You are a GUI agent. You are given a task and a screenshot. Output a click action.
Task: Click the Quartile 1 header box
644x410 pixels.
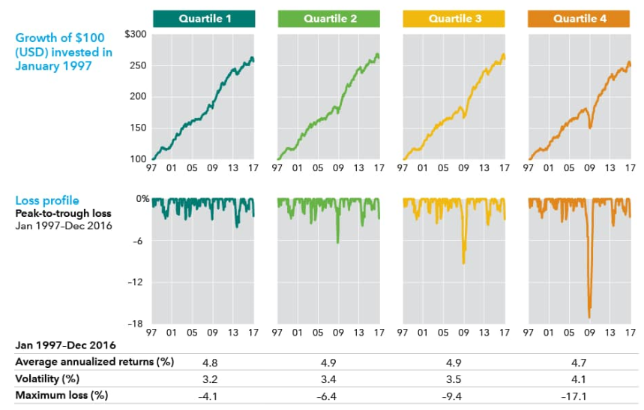[203, 18]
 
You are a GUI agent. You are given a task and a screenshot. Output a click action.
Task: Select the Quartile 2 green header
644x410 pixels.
[328, 18]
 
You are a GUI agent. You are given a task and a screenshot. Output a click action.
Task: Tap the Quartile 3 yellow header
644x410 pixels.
[454, 18]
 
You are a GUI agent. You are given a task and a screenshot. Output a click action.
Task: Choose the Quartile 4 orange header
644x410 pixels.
[580, 18]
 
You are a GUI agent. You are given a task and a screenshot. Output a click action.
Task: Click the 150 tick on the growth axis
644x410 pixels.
[137, 128]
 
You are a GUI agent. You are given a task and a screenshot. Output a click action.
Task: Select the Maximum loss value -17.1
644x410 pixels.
[580, 396]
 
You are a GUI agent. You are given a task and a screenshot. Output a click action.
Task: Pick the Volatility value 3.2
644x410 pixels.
[203, 378]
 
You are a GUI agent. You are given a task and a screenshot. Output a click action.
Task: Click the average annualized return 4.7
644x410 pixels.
[580, 362]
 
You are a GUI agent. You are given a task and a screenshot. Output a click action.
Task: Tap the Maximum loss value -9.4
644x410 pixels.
[454, 396]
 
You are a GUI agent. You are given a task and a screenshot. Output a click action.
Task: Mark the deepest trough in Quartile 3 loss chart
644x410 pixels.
[463, 263]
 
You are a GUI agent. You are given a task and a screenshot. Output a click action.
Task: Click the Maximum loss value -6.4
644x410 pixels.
[328, 396]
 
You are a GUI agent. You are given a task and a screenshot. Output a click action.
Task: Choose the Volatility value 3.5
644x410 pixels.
[454, 378]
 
